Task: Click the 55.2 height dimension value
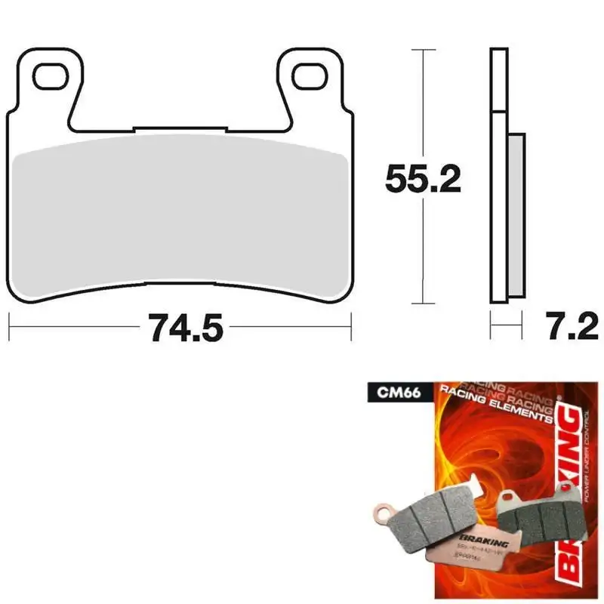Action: click(423, 178)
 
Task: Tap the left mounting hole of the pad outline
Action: click(51, 74)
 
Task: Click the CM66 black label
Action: click(388, 393)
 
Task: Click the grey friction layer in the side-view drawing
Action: click(515, 215)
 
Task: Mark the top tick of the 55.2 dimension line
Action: click(423, 50)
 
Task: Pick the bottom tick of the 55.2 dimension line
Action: click(423, 306)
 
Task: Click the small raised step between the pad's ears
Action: click(180, 129)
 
